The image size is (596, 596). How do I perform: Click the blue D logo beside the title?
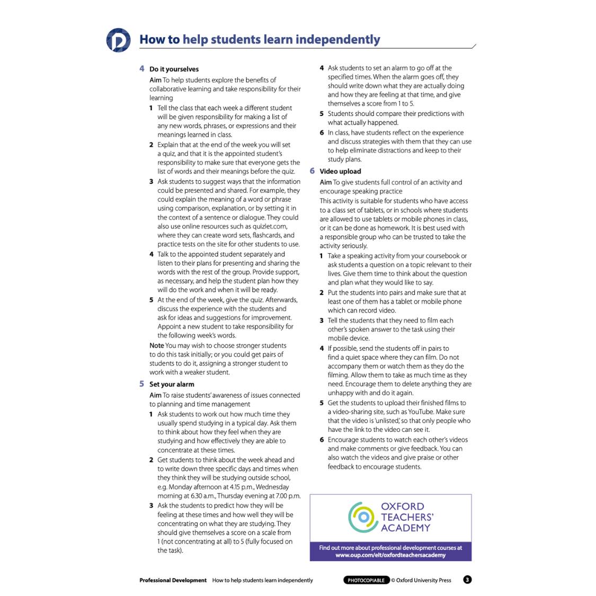click(118, 40)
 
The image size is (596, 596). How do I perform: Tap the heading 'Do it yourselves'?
click(174, 69)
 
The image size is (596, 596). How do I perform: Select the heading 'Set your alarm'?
click(172, 384)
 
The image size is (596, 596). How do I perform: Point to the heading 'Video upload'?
click(340, 171)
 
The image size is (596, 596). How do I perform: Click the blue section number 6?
click(312, 171)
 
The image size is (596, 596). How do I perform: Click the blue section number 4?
click(142, 68)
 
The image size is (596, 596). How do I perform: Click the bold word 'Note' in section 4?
click(156, 345)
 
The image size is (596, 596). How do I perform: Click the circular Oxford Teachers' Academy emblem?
click(363, 517)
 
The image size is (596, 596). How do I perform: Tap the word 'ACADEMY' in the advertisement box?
click(405, 528)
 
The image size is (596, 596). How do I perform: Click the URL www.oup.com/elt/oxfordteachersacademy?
click(390, 555)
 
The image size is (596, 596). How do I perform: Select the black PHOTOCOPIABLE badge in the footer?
click(366, 580)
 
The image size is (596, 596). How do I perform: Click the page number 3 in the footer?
click(467, 580)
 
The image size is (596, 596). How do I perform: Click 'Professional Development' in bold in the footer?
click(173, 580)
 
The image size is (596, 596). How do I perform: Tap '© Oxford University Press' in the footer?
click(421, 580)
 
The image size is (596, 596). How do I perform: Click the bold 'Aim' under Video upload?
click(325, 182)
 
